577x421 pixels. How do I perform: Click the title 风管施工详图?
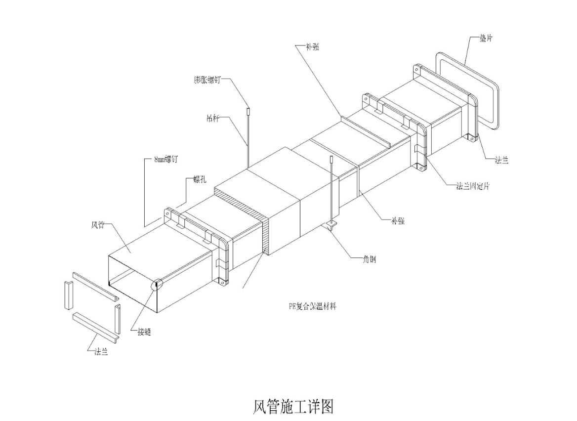[x=293, y=406]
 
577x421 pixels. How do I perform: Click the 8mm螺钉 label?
[x=165, y=160]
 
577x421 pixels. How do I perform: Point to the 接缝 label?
[x=144, y=332]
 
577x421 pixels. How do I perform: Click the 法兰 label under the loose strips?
[x=101, y=352]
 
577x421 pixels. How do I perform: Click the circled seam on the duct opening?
[x=157, y=284]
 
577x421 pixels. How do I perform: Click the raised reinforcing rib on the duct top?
[x=366, y=131]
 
